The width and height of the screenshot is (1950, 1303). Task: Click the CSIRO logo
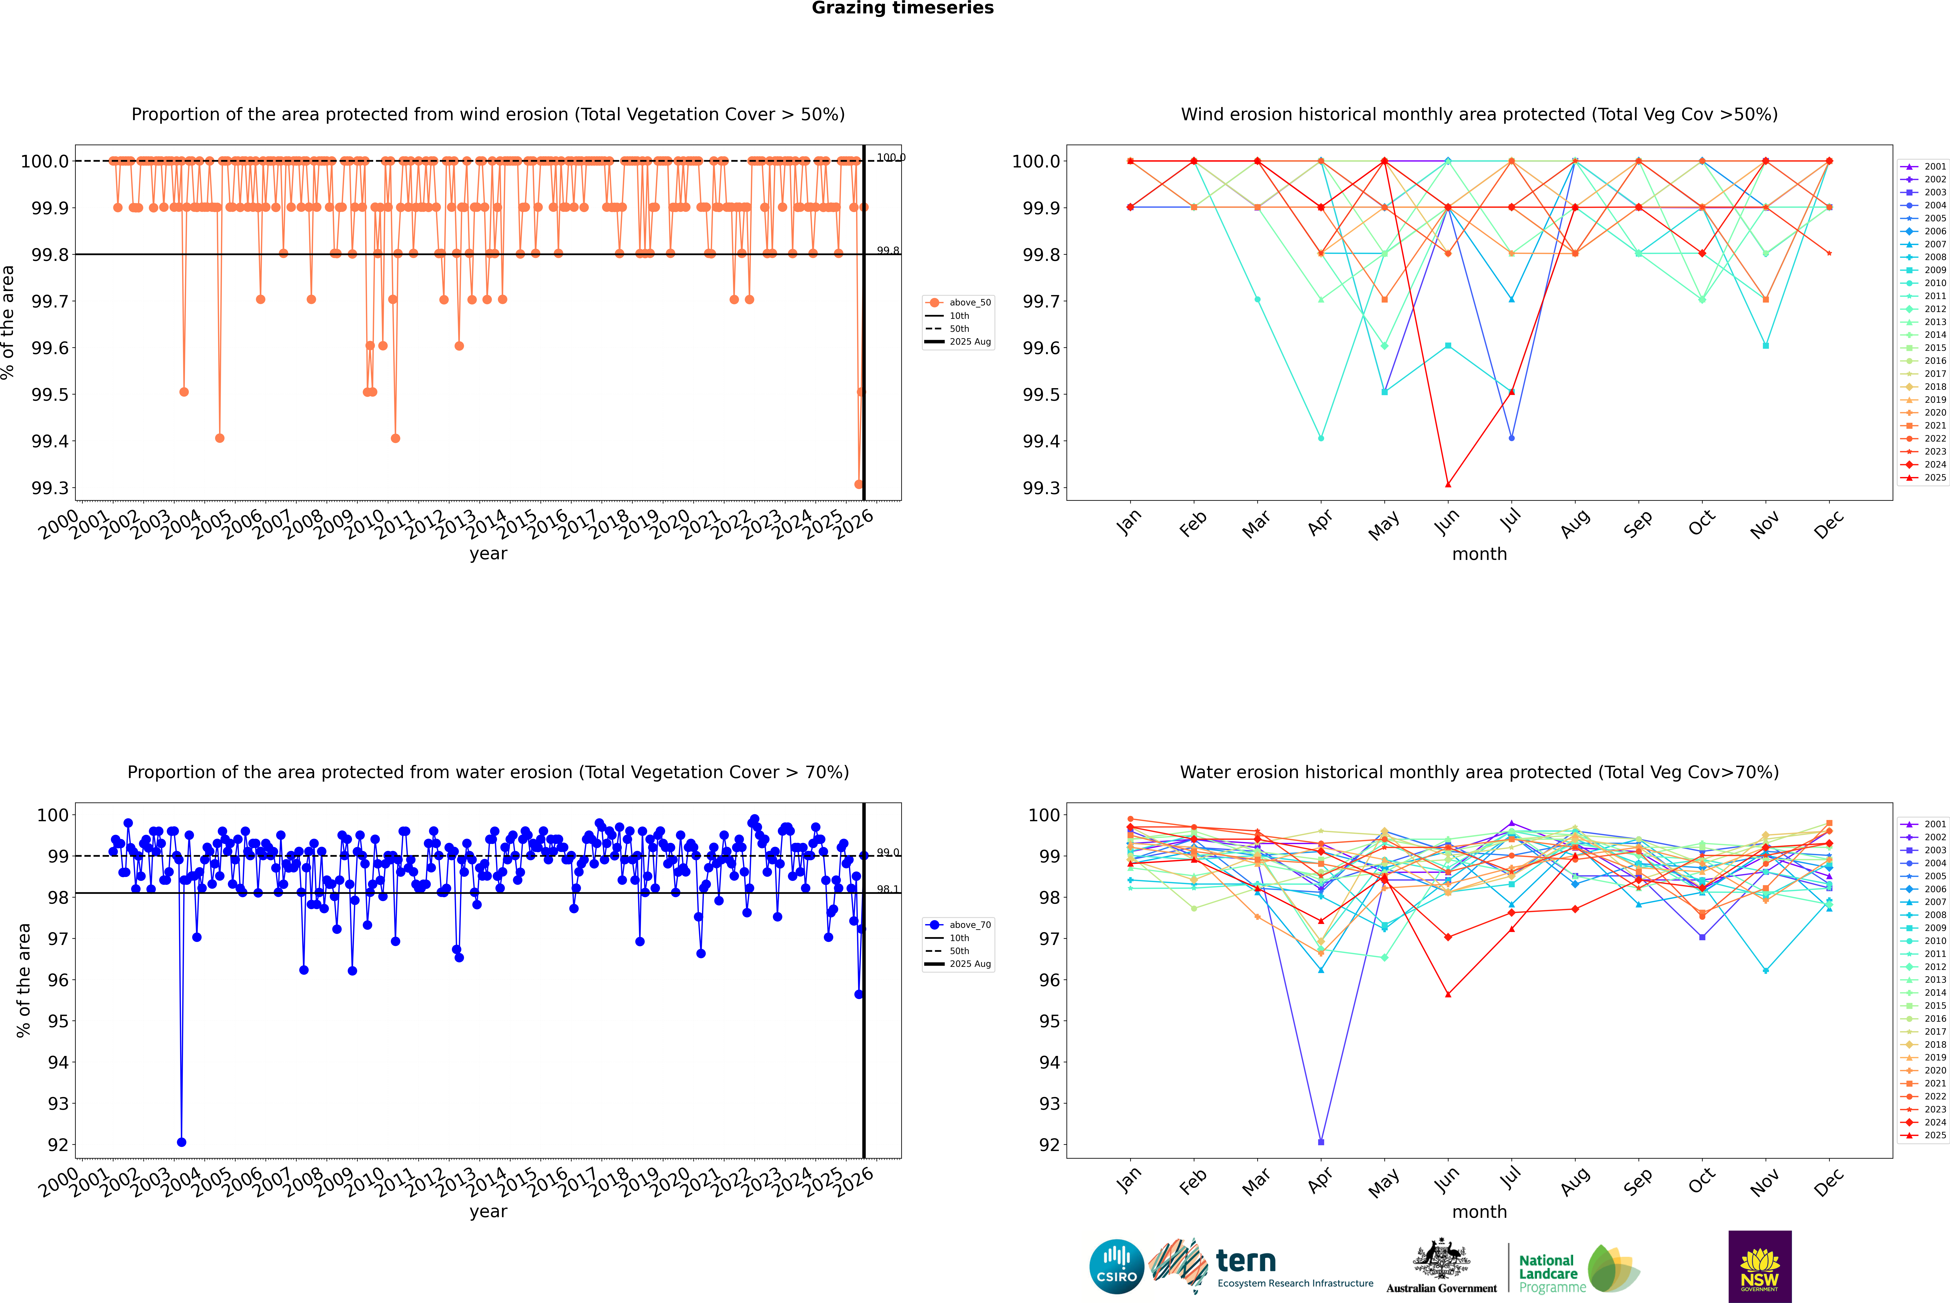coord(1116,1266)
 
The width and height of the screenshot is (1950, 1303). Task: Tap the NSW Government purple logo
coord(1760,1266)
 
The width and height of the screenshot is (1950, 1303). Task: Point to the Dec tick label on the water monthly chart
coord(1829,1182)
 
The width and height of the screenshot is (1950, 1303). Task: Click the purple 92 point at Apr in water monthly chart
coord(1321,1142)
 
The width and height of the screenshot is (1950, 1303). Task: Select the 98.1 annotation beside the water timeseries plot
coord(888,889)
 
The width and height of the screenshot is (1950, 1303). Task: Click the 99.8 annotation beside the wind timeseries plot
coord(888,250)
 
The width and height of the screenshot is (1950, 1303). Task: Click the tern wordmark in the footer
coord(1245,1262)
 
